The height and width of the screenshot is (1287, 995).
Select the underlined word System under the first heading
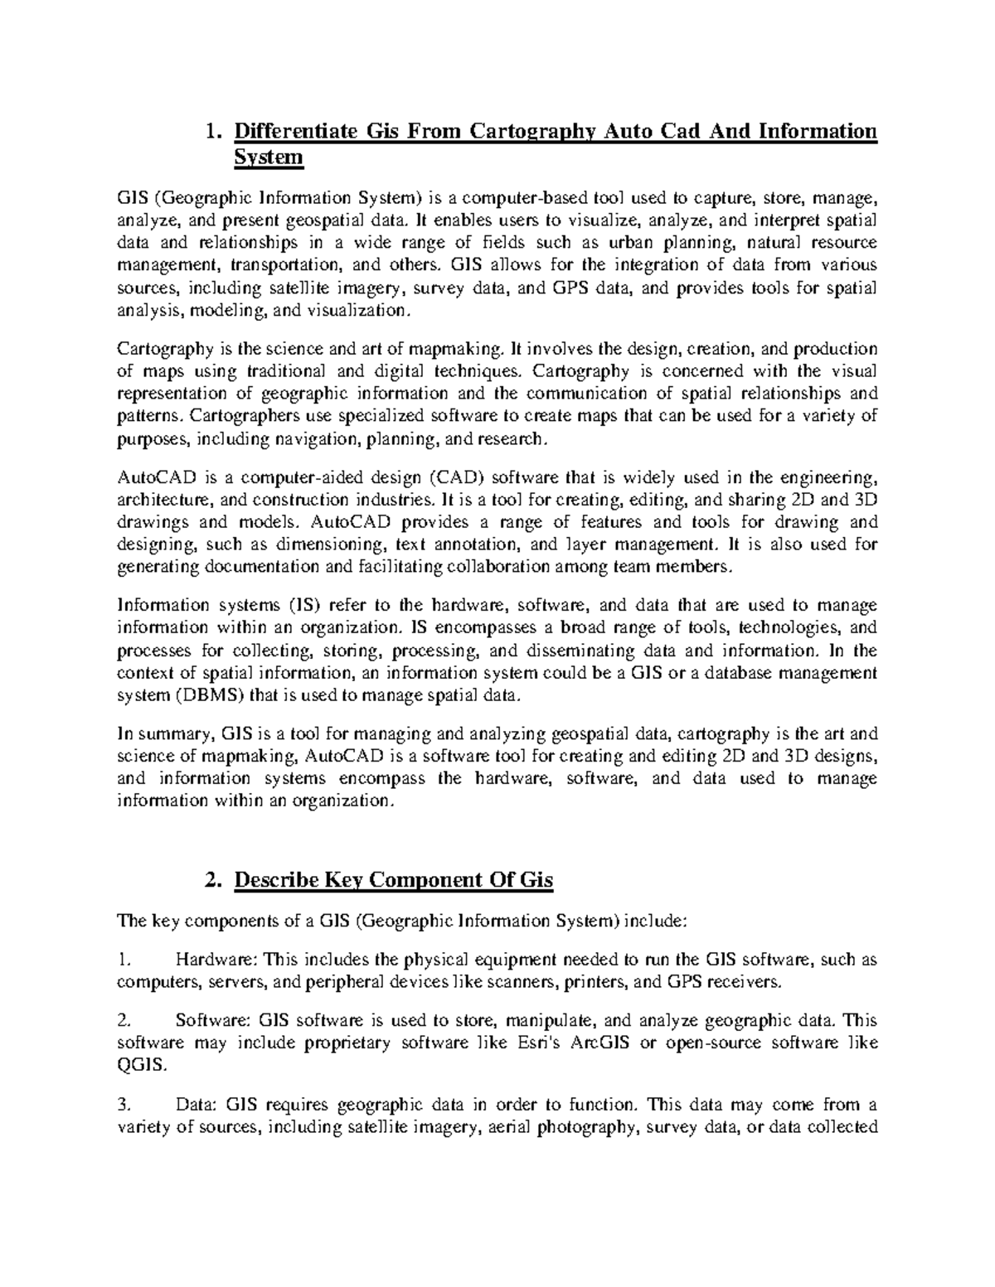click(269, 157)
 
